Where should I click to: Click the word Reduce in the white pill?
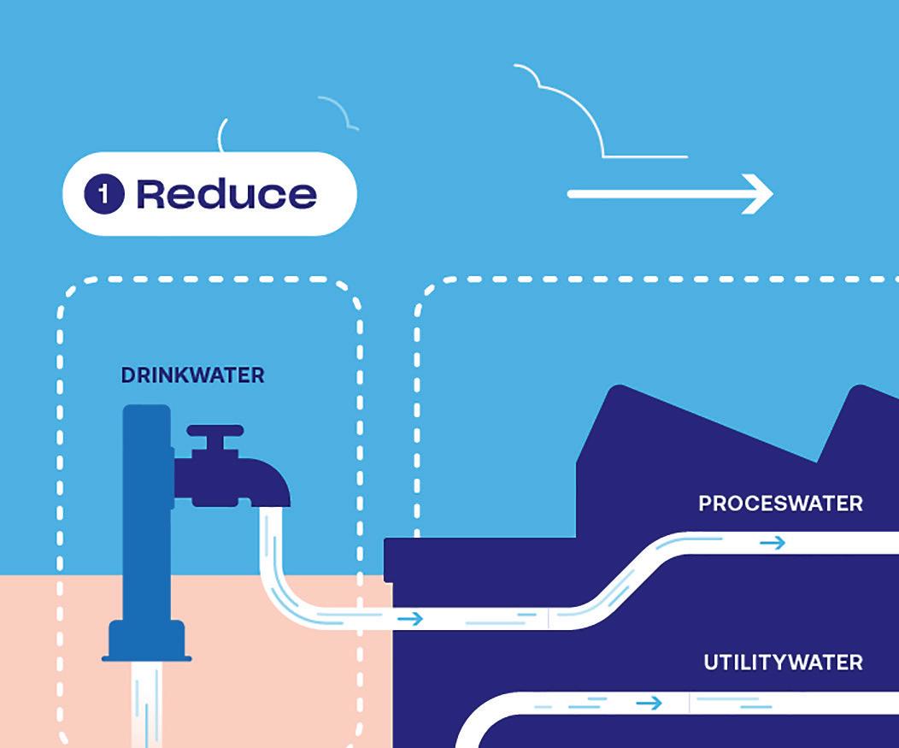click(226, 194)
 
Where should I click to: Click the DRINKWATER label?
click(192, 375)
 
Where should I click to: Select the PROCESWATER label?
click(780, 503)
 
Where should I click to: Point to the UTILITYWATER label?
click(783, 663)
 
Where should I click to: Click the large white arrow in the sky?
click(670, 194)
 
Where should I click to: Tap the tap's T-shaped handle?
click(215, 439)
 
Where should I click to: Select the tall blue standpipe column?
click(147, 513)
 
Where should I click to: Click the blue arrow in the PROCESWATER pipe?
click(773, 543)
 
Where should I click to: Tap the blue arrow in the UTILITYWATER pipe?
click(649, 703)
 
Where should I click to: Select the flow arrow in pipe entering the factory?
click(411, 618)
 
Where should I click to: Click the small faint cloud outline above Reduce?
click(338, 111)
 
